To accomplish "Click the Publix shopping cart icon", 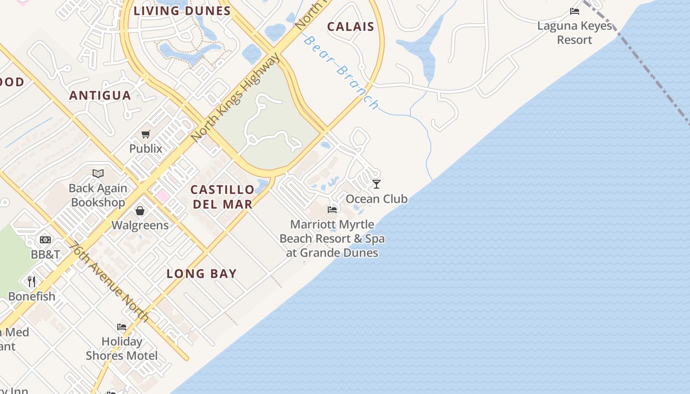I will pos(145,134).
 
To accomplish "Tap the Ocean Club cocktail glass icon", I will pos(377,184).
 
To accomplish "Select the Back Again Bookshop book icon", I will pos(98,173).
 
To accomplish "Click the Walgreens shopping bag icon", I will pos(140,211).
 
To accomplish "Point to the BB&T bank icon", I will pos(45,240).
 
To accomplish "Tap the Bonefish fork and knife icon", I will pos(32,281).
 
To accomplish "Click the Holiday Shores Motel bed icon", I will pos(122,327).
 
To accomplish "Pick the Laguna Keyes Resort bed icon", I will pos(574,11).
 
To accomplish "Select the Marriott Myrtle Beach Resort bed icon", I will pos(332,210).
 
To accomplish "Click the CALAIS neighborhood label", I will pos(350,27).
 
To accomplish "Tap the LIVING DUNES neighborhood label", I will pos(182,10).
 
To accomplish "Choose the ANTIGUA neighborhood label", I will pos(100,95).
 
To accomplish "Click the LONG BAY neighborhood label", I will pos(202,274).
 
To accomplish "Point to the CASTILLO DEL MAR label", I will pos(222,197).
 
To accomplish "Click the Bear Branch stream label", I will pos(341,72).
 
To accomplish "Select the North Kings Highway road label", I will pos(235,98).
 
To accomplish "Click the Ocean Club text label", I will pos(377,199).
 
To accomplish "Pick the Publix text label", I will pos(145,148).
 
